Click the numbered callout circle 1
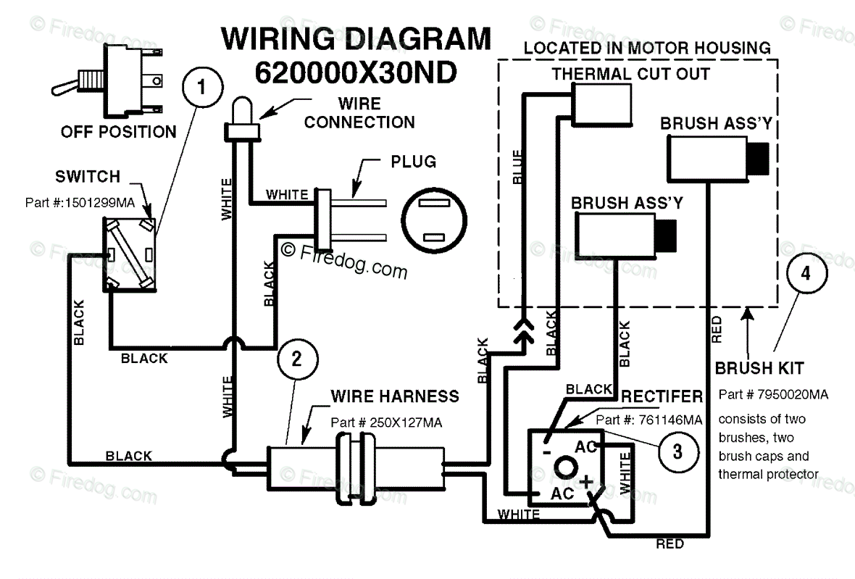[202, 87]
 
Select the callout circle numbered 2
[297, 359]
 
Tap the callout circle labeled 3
[677, 451]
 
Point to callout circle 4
[806, 273]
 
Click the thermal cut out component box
[601, 104]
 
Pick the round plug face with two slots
[434, 220]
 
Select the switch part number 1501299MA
[80, 203]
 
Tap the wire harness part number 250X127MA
[386, 422]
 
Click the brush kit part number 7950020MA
[773, 394]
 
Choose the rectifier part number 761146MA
[649, 420]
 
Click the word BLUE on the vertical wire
[517, 167]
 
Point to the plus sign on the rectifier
[586, 482]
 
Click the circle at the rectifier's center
[565, 467]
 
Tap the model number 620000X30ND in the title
[356, 72]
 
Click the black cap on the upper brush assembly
[758, 159]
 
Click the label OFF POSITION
[118, 132]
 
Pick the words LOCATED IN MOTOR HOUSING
[647, 48]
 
